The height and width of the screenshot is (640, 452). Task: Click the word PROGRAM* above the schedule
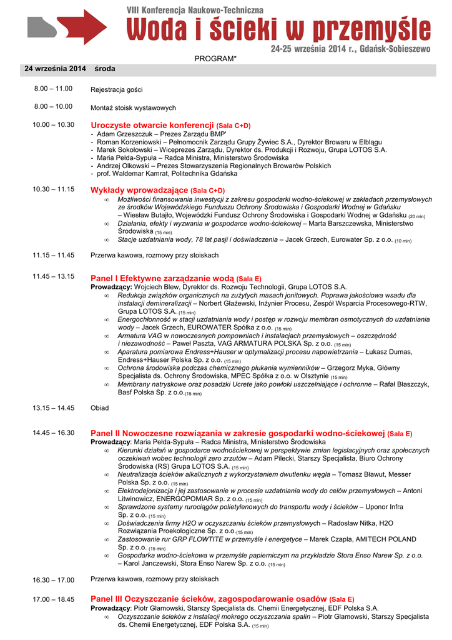click(x=215, y=58)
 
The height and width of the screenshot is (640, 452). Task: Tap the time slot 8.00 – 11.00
click(x=54, y=89)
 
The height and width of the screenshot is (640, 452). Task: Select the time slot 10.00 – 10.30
click(x=54, y=125)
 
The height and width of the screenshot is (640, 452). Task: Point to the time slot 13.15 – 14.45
click(x=54, y=408)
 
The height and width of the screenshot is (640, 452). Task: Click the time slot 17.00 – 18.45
click(x=54, y=599)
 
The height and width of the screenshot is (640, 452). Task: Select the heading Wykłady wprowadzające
click(x=139, y=190)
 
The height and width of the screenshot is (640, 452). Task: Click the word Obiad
click(x=100, y=408)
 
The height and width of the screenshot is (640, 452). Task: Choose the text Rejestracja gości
click(x=117, y=89)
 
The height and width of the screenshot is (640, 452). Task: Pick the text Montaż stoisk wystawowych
click(x=133, y=107)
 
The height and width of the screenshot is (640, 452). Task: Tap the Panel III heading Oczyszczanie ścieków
click(x=209, y=599)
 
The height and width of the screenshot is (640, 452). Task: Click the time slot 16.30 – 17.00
click(x=54, y=580)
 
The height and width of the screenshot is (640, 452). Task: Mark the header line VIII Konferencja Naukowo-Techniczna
click(x=195, y=11)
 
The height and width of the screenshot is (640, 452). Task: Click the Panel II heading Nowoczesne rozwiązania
click(x=237, y=433)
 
